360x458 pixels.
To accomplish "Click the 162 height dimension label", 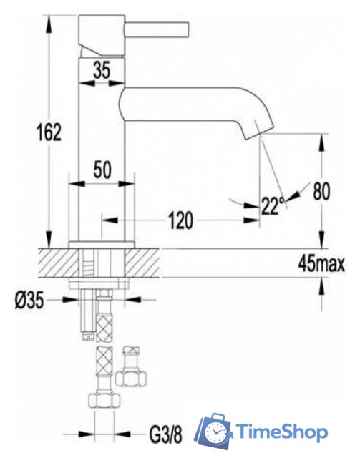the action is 49,132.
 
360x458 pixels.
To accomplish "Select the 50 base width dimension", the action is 102,170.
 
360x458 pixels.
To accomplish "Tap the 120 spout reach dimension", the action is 180,220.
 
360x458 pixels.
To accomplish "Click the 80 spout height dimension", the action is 321,191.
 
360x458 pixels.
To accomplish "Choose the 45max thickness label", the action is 321,264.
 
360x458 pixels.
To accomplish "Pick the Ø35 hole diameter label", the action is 29,301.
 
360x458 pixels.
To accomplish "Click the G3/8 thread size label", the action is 165,434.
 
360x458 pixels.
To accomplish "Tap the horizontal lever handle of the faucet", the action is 157,29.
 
